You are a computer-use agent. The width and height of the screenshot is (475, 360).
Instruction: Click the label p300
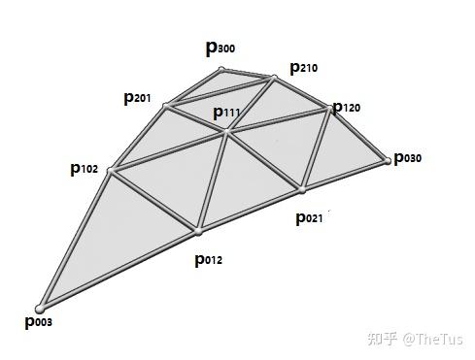[220, 47]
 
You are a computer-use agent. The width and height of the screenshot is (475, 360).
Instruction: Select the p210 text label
[304, 68]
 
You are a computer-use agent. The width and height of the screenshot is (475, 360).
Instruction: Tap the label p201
[137, 97]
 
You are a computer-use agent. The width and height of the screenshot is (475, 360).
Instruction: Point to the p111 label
[226, 114]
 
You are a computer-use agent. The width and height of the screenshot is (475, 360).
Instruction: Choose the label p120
[346, 107]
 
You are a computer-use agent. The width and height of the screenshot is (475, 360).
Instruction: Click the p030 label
[409, 158]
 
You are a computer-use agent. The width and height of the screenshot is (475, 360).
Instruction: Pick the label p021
[310, 217]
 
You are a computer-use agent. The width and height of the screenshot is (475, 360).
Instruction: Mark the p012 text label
[209, 259]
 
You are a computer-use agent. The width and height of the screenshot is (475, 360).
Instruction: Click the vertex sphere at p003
[41, 309]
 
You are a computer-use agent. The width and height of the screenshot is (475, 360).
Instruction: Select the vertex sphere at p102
[109, 172]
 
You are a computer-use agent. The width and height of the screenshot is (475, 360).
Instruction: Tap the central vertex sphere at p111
[226, 133]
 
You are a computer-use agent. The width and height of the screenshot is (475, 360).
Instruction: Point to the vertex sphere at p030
[386, 159]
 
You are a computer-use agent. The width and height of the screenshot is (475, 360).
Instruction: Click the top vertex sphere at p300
[221, 69]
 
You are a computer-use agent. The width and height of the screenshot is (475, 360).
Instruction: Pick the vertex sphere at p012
[198, 232]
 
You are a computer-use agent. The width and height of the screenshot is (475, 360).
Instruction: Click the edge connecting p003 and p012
[119, 271]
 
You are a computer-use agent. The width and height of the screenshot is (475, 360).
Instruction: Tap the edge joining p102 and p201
[137, 138]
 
